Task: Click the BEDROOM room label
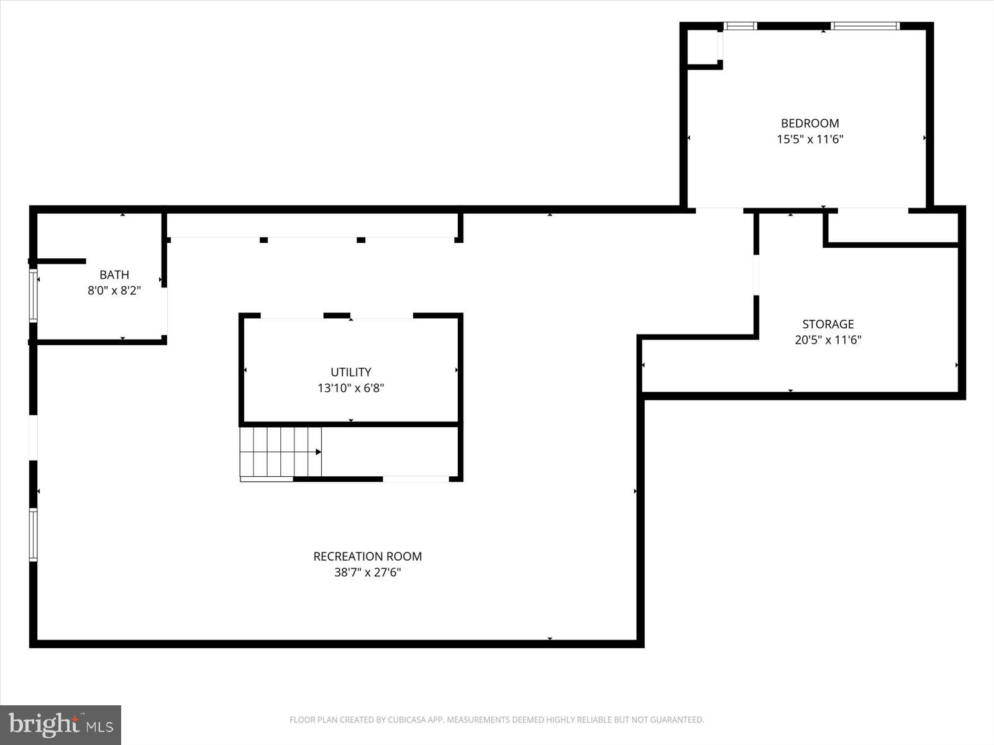pos(809,123)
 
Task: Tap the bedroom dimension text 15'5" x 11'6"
pos(809,139)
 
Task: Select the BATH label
pos(114,274)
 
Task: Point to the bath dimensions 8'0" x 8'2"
pos(114,290)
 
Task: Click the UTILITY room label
pos(350,372)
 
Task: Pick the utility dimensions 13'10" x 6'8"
pos(350,388)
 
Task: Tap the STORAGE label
pos(828,324)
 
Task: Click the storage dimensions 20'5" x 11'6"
pos(828,340)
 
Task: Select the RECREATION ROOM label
pos(367,556)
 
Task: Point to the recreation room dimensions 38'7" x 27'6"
pos(367,572)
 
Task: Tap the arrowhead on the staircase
pos(319,452)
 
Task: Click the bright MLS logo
pos(60,725)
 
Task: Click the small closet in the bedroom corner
pos(703,47)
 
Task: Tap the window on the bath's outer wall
pos(33,296)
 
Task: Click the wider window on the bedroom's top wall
pos(865,26)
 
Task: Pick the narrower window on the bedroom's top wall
pos(741,26)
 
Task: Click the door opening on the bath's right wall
pos(164,311)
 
